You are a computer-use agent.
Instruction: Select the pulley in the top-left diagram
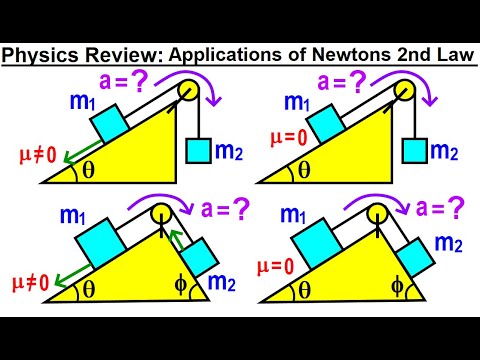pos(188,91)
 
